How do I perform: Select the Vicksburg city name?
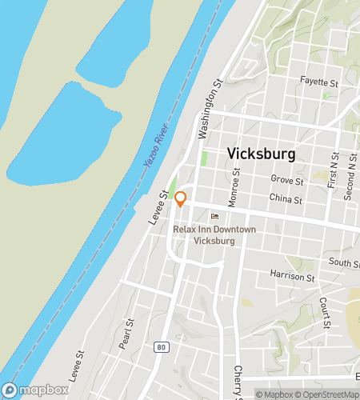(x=261, y=154)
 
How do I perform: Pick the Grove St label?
(x=284, y=180)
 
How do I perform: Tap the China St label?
(x=286, y=199)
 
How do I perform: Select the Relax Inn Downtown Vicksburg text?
(x=214, y=234)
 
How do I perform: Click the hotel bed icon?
(x=214, y=216)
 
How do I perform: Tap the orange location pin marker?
(x=181, y=199)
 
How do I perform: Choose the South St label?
(x=344, y=262)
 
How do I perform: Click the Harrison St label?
(x=293, y=277)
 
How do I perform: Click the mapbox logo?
(x=38, y=391)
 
